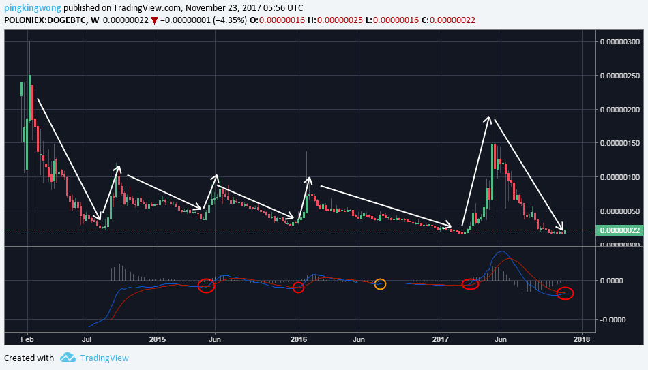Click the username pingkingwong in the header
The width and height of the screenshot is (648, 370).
tap(33, 8)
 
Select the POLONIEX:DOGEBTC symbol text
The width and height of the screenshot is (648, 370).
tap(45, 20)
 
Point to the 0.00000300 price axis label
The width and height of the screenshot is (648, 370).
tap(620, 42)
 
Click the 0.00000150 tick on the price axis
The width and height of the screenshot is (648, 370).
tap(620, 143)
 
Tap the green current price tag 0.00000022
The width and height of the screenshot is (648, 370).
tap(619, 230)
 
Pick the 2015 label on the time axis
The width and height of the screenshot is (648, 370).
tap(158, 339)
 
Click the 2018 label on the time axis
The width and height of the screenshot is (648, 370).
tap(582, 339)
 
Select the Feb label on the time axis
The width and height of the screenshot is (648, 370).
tap(27, 339)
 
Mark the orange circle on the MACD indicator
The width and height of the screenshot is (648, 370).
tap(380, 283)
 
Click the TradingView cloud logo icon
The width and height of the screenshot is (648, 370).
tap(68, 358)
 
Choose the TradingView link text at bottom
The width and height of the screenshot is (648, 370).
tap(104, 358)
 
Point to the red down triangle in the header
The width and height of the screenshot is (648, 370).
tap(154, 20)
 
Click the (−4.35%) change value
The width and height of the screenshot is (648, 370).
tap(230, 20)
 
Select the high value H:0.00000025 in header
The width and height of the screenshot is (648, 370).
tap(335, 20)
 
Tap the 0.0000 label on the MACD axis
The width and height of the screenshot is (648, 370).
tap(612, 281)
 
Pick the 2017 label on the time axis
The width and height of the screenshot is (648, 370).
tap(441, 339)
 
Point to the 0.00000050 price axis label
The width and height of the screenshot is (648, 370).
tap(620, 211)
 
